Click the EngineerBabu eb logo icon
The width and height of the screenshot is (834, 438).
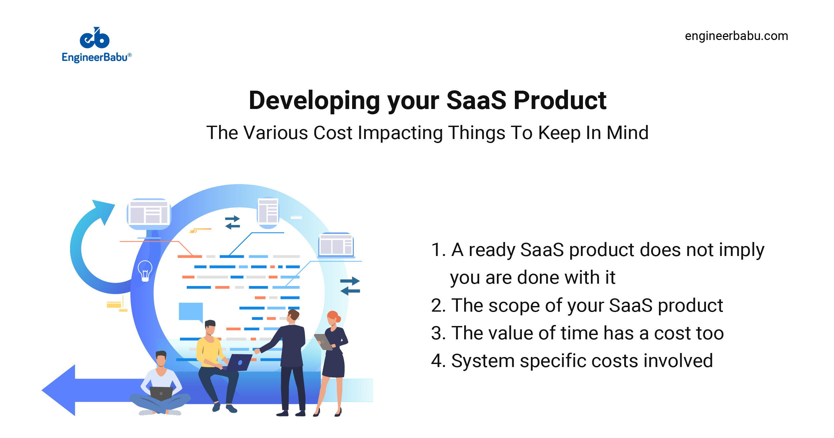tap(95, 38)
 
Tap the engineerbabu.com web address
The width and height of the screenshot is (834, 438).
tap(736, 36)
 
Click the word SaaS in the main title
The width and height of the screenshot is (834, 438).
tap(476, 100)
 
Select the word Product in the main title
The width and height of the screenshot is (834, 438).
tap(560, 100)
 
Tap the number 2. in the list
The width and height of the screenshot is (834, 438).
tap(438, 305)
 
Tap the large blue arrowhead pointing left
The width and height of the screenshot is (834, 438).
tap(60, 390)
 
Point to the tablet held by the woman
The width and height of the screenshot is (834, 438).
tap(323, 342)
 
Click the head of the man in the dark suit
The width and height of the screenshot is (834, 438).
tap(293, 315)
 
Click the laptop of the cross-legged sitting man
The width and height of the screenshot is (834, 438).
tap(161, 393)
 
